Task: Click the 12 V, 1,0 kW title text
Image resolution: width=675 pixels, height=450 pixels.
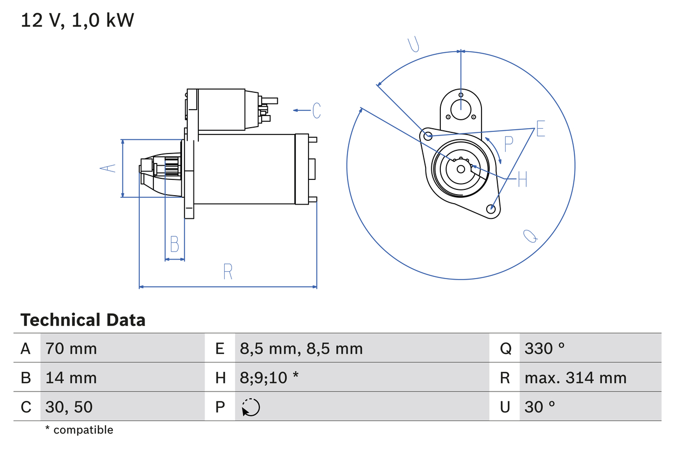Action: (78, 20)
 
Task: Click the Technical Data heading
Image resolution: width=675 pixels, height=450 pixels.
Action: (83, 320)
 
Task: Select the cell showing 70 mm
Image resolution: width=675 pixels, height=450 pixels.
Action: (71, 348)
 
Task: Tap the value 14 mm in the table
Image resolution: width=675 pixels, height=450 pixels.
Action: (71, 378)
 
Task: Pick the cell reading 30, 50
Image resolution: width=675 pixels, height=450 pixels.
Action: (69, 407)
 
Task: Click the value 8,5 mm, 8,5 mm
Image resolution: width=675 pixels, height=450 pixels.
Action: (301, 348)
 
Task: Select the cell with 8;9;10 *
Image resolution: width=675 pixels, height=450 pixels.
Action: (269, 378)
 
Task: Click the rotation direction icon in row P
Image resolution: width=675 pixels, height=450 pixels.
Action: (250, 407)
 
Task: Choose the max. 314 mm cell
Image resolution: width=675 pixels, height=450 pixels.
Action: (575, 378)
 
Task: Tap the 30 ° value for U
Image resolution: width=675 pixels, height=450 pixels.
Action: (539, 407)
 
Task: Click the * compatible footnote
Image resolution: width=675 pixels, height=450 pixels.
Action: (79, 430)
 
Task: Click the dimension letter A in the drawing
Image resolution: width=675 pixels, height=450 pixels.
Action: (108, 168)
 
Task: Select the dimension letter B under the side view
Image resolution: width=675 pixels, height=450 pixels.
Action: (174, 244)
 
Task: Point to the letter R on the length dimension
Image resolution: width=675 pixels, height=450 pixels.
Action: (228, 272)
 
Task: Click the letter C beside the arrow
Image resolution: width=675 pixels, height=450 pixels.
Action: (316, 110)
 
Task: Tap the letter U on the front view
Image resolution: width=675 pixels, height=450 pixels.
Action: (414, 45)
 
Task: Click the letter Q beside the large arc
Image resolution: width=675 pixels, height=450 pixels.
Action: (531, 236)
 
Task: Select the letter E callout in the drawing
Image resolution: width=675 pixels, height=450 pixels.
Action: (540, 129)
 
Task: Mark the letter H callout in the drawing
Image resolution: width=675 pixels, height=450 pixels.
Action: (522, 180)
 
